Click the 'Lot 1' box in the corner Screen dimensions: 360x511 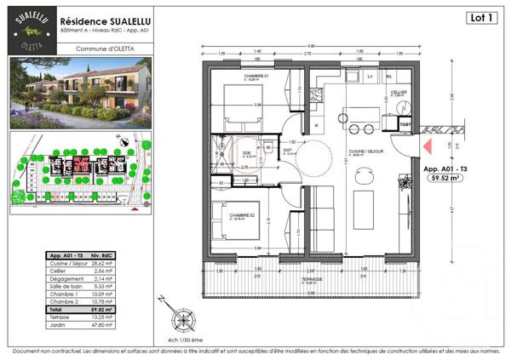[481, 17]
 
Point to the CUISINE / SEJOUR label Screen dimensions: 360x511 [360, 152]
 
